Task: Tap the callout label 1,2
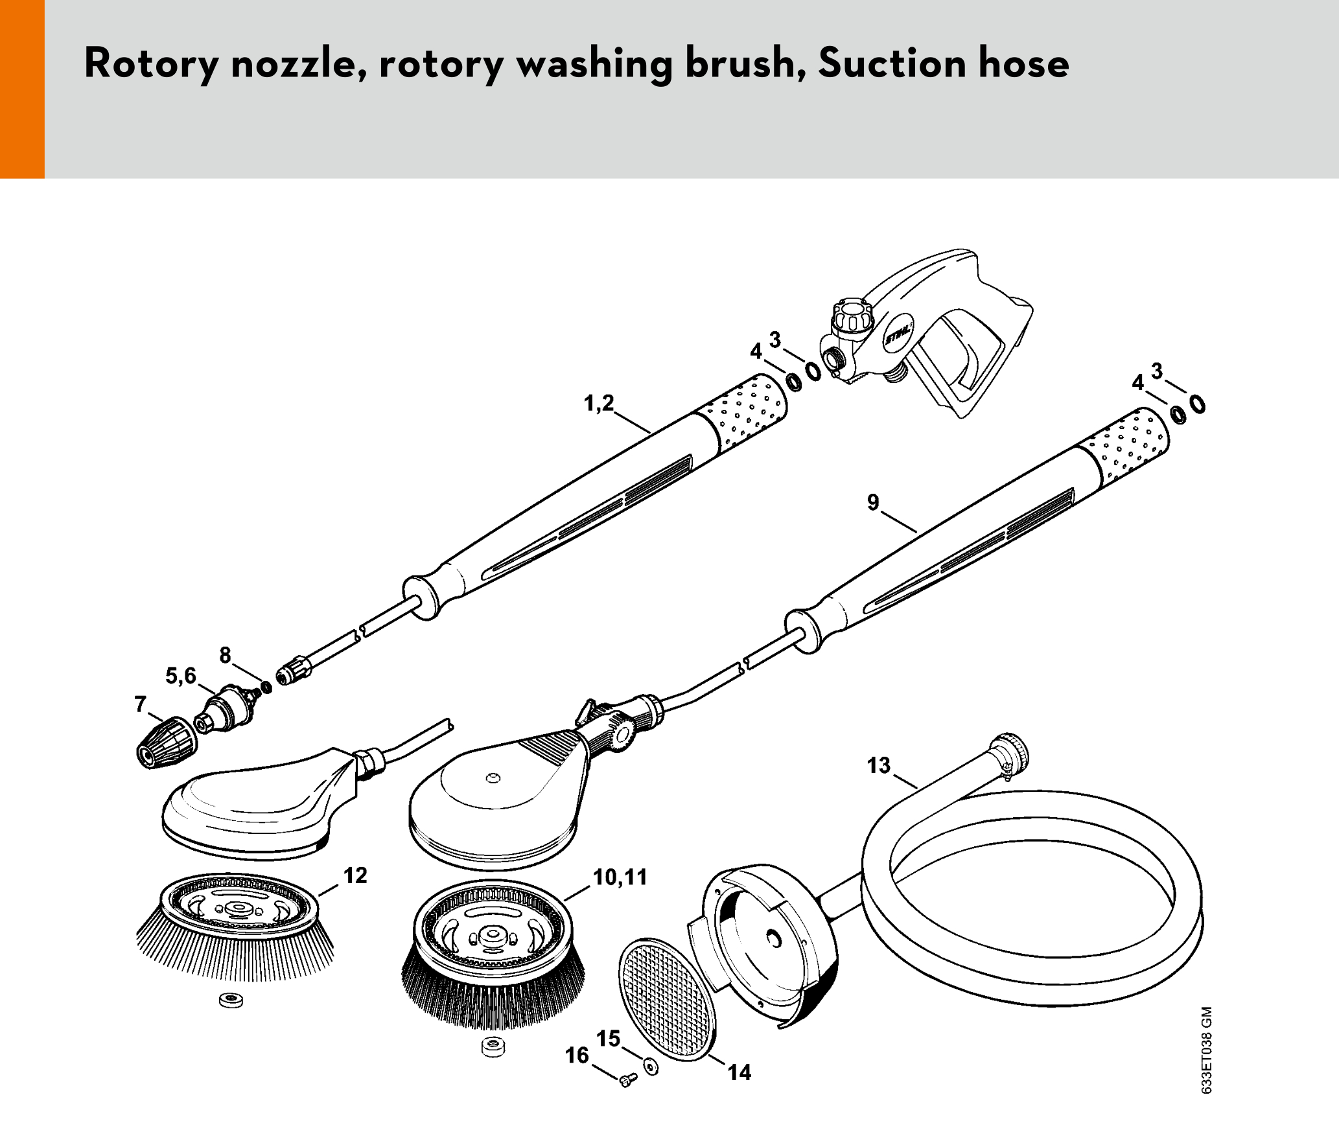pos(599,403)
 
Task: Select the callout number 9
pos(873,502)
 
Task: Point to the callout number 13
pos(879,765)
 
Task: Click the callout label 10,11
pos(620,877)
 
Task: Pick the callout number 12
pos(355,875)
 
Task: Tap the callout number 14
pos(739,1072)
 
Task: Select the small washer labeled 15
pos(651,1066)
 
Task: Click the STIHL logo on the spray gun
pos(898,334)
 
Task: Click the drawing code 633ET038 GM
pos(1206,1050)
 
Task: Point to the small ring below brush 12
pos(231,1000)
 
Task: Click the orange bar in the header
pos(22,89)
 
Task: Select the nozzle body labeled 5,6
pos(225,708)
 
